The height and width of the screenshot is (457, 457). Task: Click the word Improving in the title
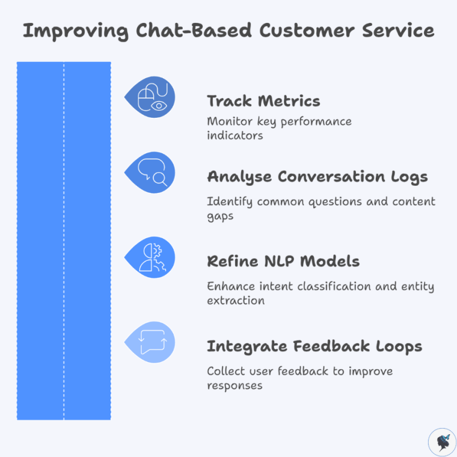[69, 31]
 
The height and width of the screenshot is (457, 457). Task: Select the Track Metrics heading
[263, 100]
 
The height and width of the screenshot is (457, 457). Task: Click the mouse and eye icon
[151, 97]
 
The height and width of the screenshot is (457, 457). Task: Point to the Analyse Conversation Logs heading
[317, 177]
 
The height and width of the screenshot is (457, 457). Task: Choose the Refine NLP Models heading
[283, 262]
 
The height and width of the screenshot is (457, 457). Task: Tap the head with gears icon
[151, 257]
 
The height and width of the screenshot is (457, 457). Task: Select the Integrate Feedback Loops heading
[314, 346]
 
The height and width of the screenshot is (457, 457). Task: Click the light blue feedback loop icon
[151, 342]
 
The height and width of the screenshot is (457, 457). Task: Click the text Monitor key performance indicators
[279, 128]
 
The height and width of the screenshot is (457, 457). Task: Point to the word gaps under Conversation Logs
[220, 215]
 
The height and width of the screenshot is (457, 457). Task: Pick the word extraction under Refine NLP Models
[235, 300]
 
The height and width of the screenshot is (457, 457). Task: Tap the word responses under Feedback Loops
[235, 385]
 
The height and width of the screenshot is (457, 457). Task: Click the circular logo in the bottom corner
[442, 442]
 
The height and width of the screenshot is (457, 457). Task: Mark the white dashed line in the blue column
[64, 241]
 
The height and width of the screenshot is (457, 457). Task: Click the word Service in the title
[399, 31]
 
